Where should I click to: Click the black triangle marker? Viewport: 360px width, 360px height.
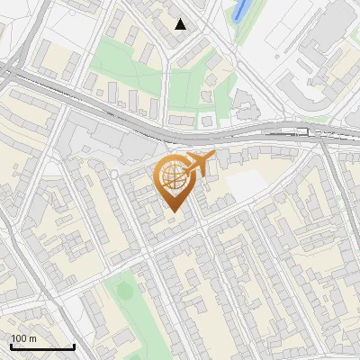(x=181, y=24)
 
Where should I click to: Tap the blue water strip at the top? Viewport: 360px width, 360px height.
(x=239, y=11)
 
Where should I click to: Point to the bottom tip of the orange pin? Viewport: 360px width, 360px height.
(x=173, y=212)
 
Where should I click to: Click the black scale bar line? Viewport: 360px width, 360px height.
(x=42, y=347)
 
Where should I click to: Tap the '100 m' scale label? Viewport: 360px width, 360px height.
(x=23, y=338)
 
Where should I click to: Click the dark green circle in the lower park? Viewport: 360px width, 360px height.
(x=124, y=291)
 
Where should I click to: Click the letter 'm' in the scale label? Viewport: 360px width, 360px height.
(x=32, y=338)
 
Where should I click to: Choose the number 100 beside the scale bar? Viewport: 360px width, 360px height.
(x=18, y=338)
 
